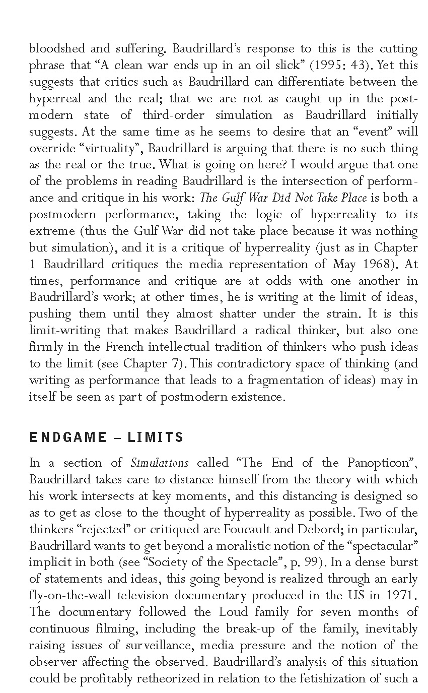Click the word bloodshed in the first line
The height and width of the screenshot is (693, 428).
(55, 48)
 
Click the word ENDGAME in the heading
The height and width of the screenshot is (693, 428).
(67, 437)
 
